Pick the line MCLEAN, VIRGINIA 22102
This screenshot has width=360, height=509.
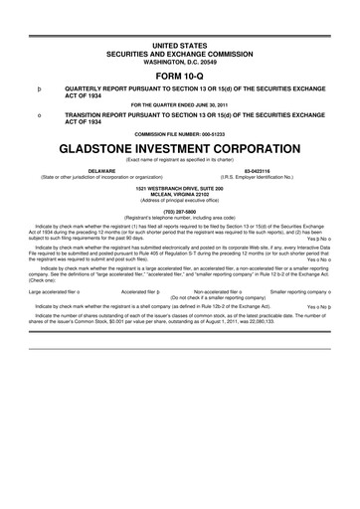click(x=179, y=193)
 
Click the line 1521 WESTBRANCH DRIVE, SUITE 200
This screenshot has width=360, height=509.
click(x=179, y=187)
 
